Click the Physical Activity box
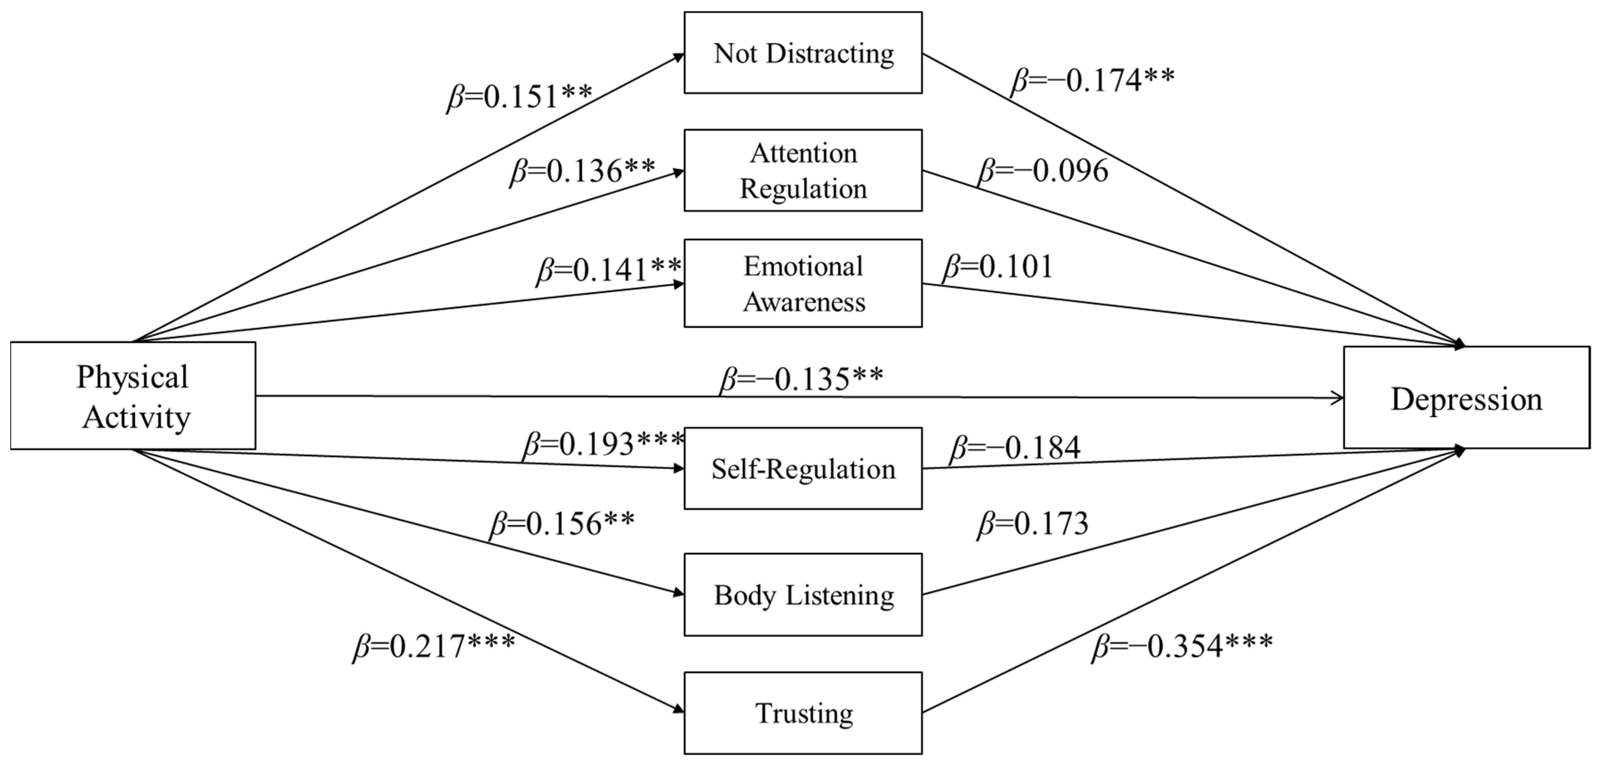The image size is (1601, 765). tap(133, 396)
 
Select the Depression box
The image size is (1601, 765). tap(1466, 398)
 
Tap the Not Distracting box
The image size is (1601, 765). tap(803, 53)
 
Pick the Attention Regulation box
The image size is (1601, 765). tap(803, 170)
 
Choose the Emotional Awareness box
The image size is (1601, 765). tap(803, 283)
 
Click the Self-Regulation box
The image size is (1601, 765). tap(803, 469)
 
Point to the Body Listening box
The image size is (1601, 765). tap(803, 595)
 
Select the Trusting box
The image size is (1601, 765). tap(803, 713)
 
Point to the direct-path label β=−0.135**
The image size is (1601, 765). tap(801, 380)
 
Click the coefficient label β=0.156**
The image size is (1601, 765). tap(563, 524)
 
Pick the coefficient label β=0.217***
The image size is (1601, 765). tap(434, 646)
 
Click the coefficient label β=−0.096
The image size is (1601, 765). tap(1043, 171)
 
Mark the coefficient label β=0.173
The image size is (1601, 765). tap(1033, 524)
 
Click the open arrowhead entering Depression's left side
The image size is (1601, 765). tap(1336, 398)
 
